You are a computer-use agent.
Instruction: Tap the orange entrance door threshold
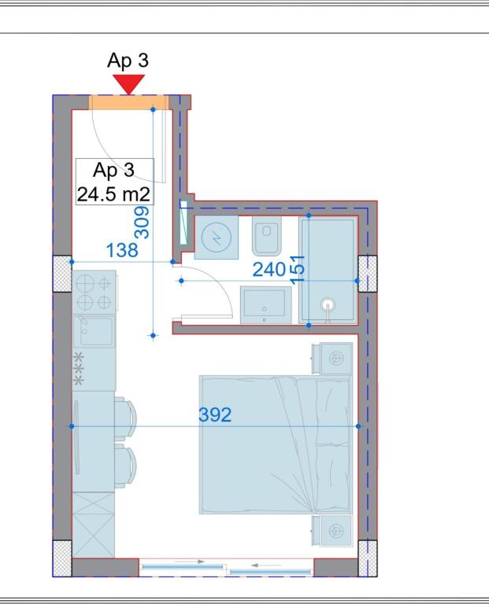click(128, 102)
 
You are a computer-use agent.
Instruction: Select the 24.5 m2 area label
click(114, 193)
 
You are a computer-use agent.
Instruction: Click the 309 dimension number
click(143, 223)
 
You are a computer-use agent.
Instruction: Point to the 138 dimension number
click(122, 250)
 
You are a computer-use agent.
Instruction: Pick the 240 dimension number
click(269, 270)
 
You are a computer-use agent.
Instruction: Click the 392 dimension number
click(215, 414)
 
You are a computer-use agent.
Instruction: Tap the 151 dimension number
click(298, 267)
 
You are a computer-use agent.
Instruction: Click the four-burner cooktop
click(94, 292)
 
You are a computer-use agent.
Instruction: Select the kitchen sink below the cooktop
click(94, 331)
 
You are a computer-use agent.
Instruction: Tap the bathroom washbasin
click(266, 304)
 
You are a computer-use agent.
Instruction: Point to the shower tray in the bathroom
click(328, 270)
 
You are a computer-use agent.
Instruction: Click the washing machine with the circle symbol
click(215, 238)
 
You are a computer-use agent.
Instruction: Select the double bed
click(275, 444)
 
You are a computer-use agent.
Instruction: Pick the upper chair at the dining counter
click(125, 414)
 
